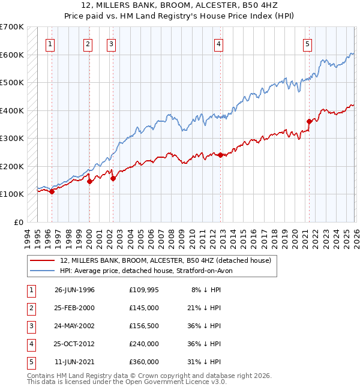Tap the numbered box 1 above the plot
[x=50, y=43]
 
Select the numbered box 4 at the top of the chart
[x=220, y=43]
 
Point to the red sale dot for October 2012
[x=221, y=155]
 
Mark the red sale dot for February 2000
[x=89, y=181]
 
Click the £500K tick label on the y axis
[x=11, y=82]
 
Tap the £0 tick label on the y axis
[x=18, y=222]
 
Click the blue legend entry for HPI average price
[x=150, y=271]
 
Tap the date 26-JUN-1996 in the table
[x=74, y=290]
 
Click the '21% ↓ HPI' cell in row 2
[x=203, y=308]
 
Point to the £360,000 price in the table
[x=144, y=362]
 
